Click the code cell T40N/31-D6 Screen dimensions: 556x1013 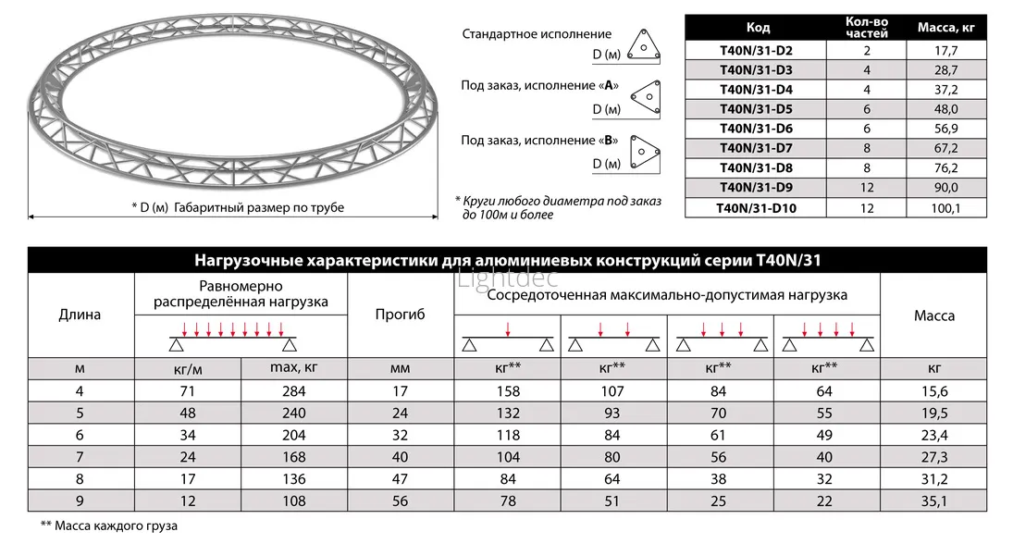point(756,129)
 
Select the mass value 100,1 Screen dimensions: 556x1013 point(945,208)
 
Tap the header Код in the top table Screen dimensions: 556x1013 point(757,27)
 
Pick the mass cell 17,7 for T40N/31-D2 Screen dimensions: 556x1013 point(945,51)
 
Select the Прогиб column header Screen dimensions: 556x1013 point(400,315)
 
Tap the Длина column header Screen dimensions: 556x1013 point(80,315)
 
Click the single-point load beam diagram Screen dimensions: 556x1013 point(508,339)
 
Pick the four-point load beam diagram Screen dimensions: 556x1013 point(825,339)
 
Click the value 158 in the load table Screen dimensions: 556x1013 point(508,391)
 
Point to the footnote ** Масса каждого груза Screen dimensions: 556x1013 point(108,525)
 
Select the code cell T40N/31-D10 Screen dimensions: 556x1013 point(756,208)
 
